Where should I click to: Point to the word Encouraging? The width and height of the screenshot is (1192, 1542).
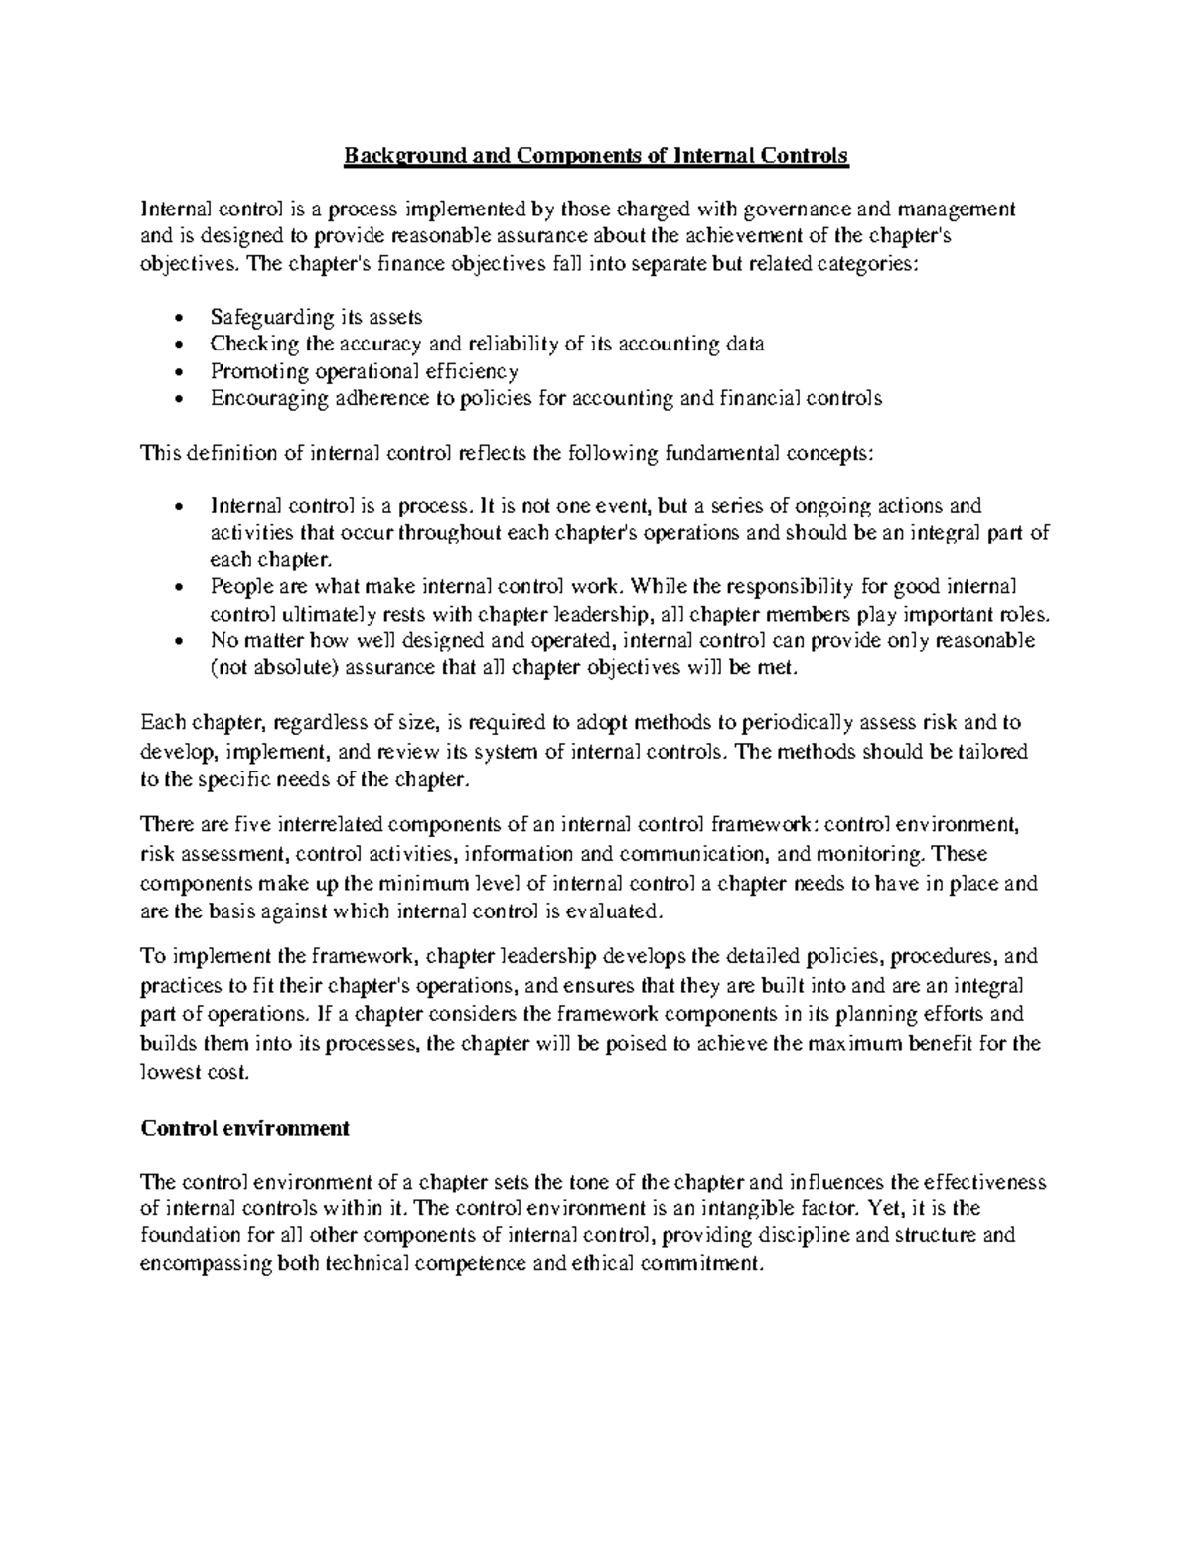(261, 399)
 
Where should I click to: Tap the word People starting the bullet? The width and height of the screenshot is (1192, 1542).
(237, 588)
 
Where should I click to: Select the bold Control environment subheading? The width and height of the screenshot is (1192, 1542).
(245, 1128)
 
